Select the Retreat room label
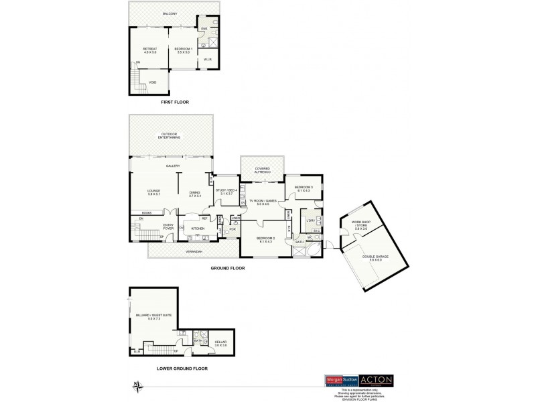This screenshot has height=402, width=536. [x=149, y=50]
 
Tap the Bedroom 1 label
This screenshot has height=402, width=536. [x=183, y=50]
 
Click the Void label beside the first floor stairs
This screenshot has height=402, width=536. [x=153, y=82]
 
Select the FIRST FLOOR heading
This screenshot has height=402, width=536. [x=175, y=103]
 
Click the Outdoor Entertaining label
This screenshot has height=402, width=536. [x=170, y=135]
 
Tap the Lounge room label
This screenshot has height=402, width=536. [x=153, y=192]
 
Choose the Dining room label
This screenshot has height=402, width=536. [x=195, y=192]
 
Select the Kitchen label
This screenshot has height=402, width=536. [x=198, y=229]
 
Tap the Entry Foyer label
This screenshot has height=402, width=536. [x=169, y=226]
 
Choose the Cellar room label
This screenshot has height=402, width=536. [x=220, y=343]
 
